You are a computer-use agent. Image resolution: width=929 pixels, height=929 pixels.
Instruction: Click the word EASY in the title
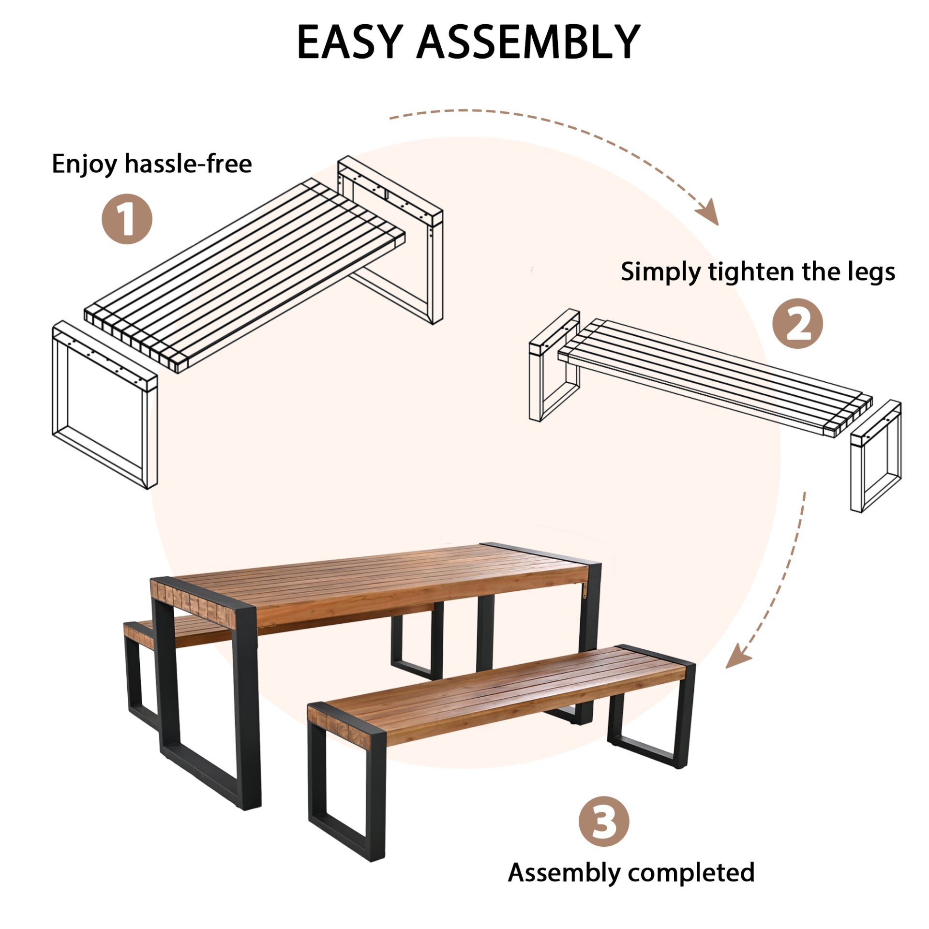coord(349,43)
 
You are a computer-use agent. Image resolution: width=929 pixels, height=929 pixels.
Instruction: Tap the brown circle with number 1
coord(127,219)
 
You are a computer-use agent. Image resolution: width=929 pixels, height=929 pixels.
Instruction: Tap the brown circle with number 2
coord(797,323)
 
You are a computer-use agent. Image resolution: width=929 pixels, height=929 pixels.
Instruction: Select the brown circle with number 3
coord(603,821)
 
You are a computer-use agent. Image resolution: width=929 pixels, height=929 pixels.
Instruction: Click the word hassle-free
coord(188,164)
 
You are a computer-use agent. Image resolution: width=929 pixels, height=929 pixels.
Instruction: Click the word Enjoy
coord(85,165)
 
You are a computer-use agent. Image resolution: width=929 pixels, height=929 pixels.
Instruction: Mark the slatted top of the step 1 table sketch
coord(242,276)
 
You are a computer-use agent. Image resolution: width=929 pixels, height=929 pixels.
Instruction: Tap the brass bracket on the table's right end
coord(584,590)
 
